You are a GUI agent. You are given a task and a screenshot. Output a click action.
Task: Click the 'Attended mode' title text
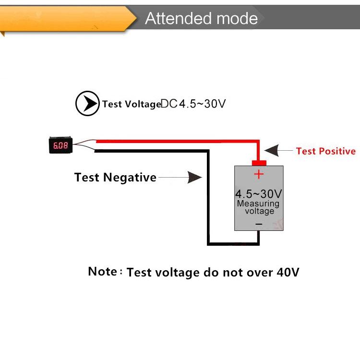tap(201, 18)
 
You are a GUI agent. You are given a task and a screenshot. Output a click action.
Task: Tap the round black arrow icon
tap(87, 103)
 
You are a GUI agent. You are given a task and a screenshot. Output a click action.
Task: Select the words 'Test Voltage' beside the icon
tap(131, 104)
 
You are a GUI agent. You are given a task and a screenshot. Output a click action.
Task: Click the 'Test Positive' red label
tap(326, 151)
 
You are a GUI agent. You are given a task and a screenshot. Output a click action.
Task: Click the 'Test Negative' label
tap(115, 178)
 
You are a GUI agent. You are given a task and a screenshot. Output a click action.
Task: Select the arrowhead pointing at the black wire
tap(194, 178)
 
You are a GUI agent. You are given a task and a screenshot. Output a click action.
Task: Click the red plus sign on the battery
tap(259, 174)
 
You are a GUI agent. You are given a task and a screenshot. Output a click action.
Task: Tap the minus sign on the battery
tap(259, 224)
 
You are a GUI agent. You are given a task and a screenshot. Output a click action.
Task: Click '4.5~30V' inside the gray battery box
tap(258, 194)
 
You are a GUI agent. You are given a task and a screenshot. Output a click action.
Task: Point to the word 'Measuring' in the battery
tap(258, 204)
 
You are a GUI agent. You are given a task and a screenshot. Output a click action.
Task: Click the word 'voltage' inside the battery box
tap(260, 211)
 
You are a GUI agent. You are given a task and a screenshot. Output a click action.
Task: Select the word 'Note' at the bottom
tap(102, 271)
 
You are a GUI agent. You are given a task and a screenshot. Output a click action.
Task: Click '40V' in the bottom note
tap(288, 273)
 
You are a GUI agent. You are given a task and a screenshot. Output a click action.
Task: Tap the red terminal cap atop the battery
tap(259, 162)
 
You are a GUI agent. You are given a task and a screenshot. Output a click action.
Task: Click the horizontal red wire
tap(178, 141)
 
